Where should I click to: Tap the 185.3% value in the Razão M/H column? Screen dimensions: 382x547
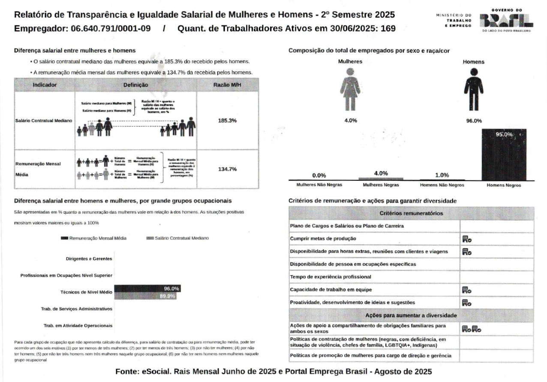point(227,121)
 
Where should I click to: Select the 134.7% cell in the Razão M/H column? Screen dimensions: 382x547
point(227,169)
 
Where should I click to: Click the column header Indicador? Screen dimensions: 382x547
point(45,85)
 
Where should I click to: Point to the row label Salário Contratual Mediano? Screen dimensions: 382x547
point(44,121)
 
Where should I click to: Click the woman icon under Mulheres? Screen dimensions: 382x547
point(350,89)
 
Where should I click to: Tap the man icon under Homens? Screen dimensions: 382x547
point(474,89)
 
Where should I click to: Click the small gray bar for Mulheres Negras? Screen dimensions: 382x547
point(381,179)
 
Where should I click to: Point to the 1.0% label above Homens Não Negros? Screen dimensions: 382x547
point(442,175)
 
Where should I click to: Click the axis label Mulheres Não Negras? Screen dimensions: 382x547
point(319,185)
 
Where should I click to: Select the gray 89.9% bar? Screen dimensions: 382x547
point(145,296)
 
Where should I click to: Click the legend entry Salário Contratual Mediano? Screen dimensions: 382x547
point(177,238)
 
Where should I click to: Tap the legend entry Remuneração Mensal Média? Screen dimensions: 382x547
point(96,238)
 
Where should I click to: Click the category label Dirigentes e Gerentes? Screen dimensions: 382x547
point(89,259)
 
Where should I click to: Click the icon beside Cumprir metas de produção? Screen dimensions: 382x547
point(467,239)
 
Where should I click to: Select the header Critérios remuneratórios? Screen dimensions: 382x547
point(411,213)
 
